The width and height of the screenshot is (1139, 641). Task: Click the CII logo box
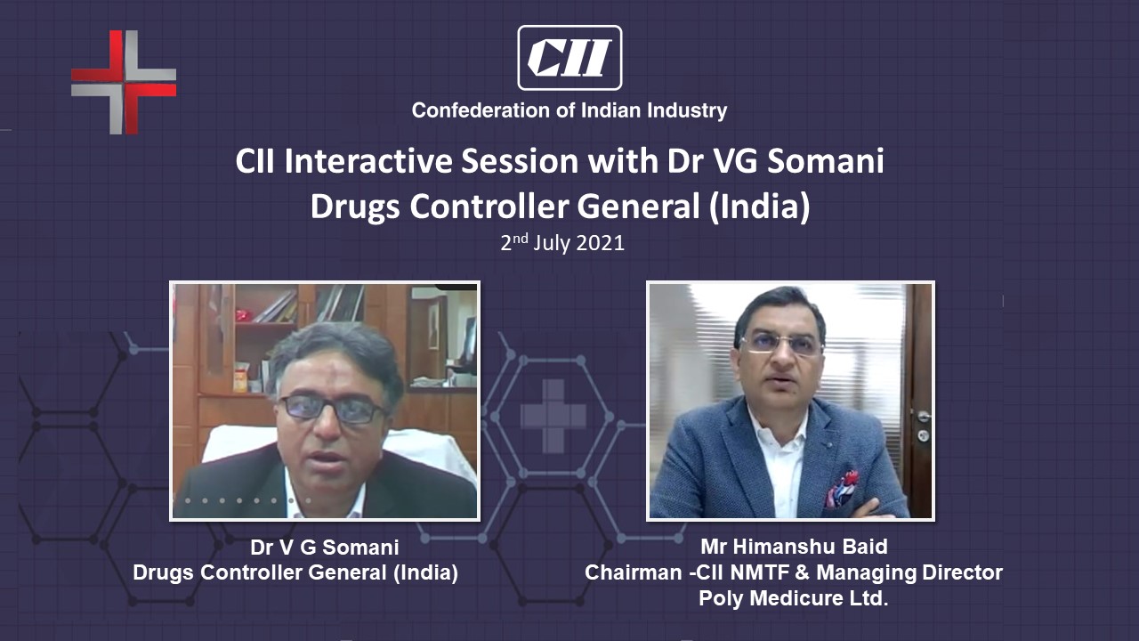point(569,58)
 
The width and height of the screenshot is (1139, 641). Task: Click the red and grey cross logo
point(124,83)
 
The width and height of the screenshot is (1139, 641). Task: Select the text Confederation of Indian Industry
point(569,110)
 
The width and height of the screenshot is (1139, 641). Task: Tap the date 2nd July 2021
point(562,243)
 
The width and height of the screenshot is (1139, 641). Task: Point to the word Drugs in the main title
point(355,208)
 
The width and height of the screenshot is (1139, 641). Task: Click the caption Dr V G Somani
point(325,548)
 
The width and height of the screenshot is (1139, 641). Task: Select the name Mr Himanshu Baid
point(794,547)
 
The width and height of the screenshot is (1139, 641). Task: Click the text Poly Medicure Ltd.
point(793,597)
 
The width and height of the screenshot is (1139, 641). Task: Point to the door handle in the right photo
point(924,418)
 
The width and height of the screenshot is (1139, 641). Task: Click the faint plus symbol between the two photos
point(553,416)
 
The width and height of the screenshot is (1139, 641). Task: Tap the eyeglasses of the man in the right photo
point(780,344)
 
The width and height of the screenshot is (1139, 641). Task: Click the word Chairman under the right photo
point(633,572)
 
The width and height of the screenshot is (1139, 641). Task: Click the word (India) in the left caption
point(425,573)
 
